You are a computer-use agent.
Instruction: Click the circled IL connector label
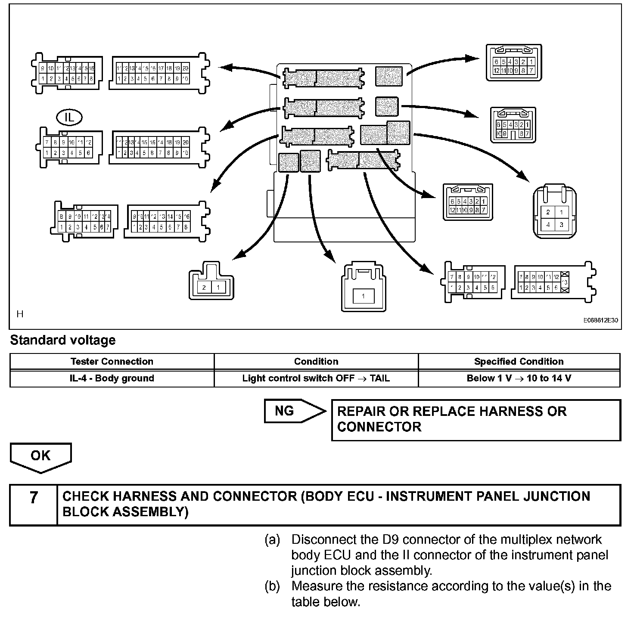[69, 117]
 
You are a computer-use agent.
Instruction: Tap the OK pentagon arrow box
[40, 456]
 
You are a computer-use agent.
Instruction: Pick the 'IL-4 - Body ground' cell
[112, 378]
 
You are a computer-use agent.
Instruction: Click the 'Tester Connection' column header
[112, 362]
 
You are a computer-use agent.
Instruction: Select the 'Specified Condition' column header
[519, 362]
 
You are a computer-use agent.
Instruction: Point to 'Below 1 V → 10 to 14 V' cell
[519, 378]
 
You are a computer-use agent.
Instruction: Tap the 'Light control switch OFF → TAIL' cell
[316, 378]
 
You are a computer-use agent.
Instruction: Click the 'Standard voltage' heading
[63, 340]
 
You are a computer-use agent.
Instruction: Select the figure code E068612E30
[601, 320]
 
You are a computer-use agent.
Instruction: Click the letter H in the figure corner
[20, 314]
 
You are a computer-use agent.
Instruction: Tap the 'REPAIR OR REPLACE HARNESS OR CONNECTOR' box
[475, 419]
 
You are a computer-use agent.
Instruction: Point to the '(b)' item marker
[272, 586]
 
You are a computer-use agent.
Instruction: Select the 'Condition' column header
[316, 362]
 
